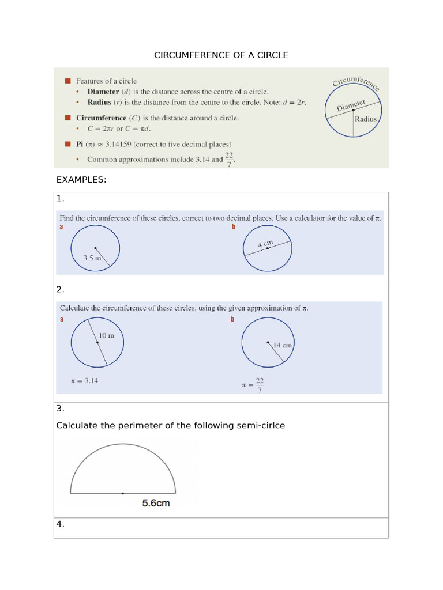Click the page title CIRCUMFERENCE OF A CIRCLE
coord(221,55)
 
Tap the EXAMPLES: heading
coord(81,180)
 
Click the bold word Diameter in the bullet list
coord(103,92)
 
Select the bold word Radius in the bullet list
coord(99,102)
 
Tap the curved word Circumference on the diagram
coord(356,82)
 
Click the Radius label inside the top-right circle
coord(365,119)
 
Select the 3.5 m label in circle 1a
coord(92,259)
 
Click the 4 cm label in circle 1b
coord(265,244)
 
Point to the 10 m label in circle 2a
coord(106,335)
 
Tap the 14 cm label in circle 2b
coord(283,345)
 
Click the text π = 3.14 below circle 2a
coord(84,381)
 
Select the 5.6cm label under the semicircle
coord(156,503)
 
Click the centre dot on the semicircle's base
coord(122,493)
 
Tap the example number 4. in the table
coord(60,524)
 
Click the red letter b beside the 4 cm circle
coord(233,228)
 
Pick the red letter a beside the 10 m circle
coord(62,320)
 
